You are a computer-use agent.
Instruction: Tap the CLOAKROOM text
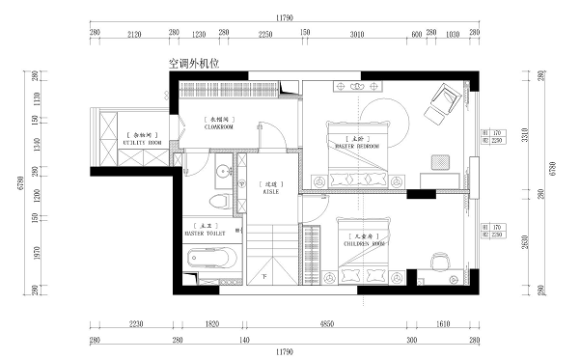tap(218, 125)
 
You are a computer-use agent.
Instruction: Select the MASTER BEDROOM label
tap(357, 146)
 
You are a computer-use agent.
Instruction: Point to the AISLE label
tap(270, 191)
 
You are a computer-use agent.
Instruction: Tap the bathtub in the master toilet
tap(209, 259)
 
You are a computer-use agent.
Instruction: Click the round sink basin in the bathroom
tap(223, 172)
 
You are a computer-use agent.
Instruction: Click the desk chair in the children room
tap(440, 261)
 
